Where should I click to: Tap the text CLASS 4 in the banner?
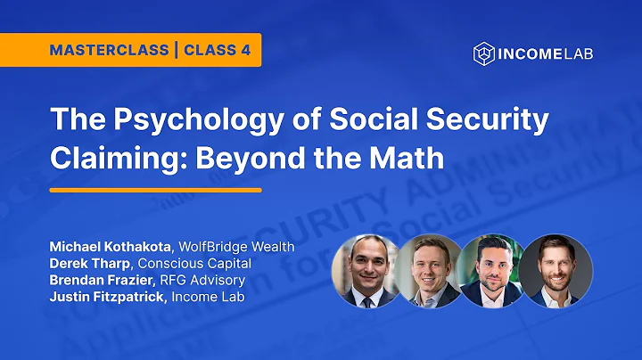click(x=217, y=50)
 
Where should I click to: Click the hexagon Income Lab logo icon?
click(x=483, y=53)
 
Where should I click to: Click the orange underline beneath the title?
click(x=155, y=190)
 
